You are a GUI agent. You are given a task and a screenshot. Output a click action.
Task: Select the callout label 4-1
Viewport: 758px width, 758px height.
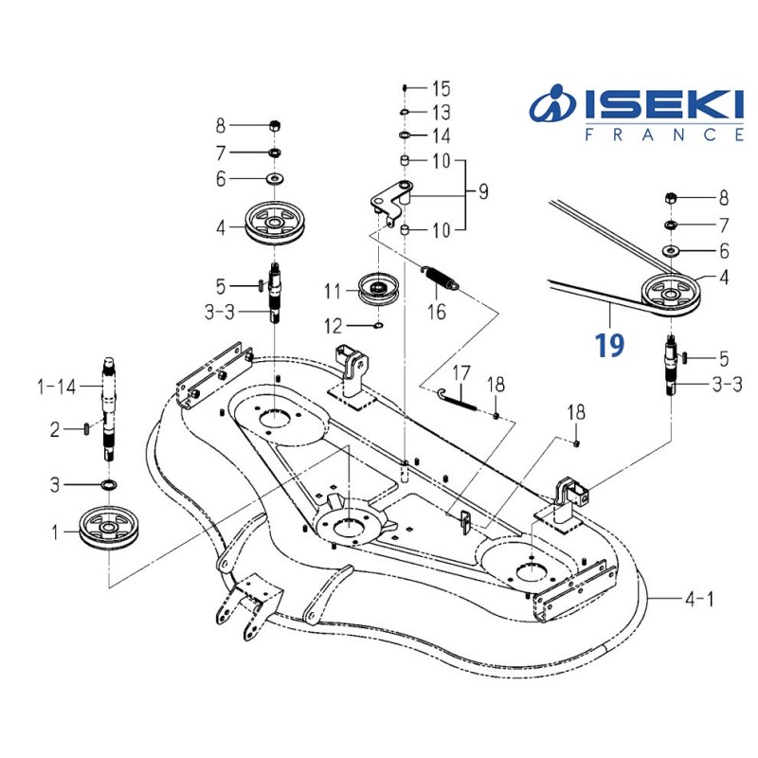coord(702,599)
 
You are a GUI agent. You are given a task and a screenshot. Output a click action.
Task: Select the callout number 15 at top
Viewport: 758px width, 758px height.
coord(442,89)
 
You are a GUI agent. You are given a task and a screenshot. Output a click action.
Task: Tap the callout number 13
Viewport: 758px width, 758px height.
coord(442,113)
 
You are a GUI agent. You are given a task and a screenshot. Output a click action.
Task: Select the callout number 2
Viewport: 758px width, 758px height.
coord(56,429)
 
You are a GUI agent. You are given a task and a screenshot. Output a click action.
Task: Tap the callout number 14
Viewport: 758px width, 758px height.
coord(442,136)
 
